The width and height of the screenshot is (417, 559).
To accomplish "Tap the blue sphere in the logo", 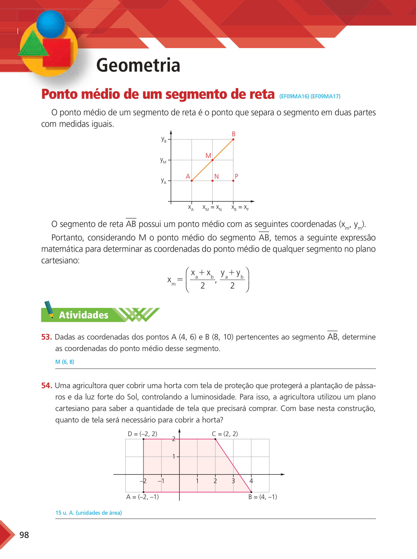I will pyautogui.click(x=50, y=24).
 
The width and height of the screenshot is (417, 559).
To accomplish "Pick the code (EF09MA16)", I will pyautogui.click(x=294, y=96).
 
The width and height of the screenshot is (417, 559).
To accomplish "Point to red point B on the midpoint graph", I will pyautogui.click(x=233, y=139).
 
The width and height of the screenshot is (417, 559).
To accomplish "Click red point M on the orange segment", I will pyautogui.click(x=213, y=160).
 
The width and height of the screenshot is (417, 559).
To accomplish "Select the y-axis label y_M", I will pyautogui.click(x=163, y=160).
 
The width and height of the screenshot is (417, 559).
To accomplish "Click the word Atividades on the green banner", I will pyautogui.click(x=84, y=315).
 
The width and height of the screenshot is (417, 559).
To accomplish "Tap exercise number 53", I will pyautogui.click(x=47, y=337).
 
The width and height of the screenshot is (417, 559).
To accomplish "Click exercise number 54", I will pyautogui.click(x=47, y=386).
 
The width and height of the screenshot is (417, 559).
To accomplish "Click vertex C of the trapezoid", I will pyautogui.click(x=215, y=439).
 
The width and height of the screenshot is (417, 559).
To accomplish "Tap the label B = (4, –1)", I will pyautogui.click(x=262, y=497).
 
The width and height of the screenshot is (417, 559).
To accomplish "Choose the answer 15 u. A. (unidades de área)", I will pyautogui.click(x=89, y=513).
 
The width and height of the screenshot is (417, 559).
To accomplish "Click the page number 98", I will pyautogui.click(x=24, y=535).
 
